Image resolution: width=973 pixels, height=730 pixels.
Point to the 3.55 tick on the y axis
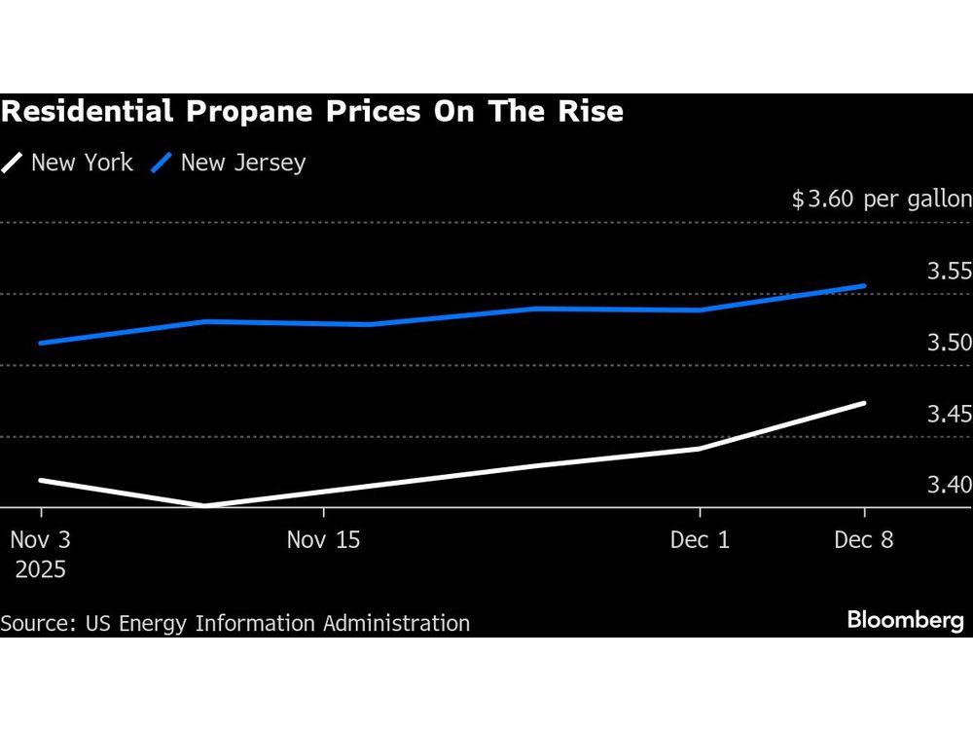pyautogui.click(x=949, y=272)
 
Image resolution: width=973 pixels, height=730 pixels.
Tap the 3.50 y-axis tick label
pyautogui.click(x=949, y=343)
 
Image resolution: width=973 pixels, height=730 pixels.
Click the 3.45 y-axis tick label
pyautogui.click(x=949, y=415)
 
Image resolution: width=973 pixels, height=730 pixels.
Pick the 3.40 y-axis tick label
pyautogui.click(x=949, y=485)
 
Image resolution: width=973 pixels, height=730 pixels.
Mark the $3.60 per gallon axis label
pyautogui.click(x=882, y=200)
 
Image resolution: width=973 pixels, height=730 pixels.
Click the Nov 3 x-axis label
pyautogui.click(x=40, y=539)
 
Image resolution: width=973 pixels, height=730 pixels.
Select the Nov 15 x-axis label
pyautogui.click(x=323, y=539)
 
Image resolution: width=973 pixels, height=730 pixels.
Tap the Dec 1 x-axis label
pyautogui.click(x=700, y=539)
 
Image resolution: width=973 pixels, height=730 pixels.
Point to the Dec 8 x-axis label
pyautogui.click(x=863, y=539)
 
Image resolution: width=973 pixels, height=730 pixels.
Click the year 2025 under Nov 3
pyautogui.click(x=40, y=569)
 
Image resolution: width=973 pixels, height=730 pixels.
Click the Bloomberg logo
pyautogui.click(x=905, y=620)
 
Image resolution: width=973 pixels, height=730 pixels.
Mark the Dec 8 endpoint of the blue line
pyautogui.click(x=864, y=286)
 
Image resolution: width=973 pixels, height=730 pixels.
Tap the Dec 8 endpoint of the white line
pyautogui.click(x=864, y=403)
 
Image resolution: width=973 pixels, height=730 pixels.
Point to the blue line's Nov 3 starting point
pyautogui.click(x=41, y=343)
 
